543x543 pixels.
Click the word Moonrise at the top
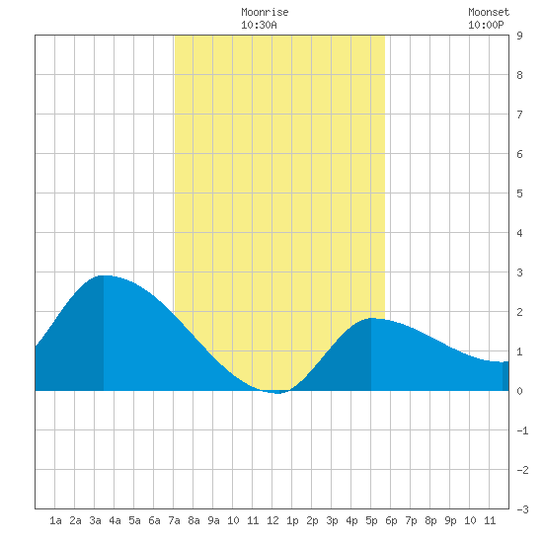(x=265, y=12)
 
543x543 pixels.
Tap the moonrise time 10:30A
(x=259, y=25)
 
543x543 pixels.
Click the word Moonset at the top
(x=489, y=12)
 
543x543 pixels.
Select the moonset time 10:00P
(x=486, y=25)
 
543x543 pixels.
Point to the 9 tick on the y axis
(x=519, y=36)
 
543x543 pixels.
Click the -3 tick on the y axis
(x=522, y=509)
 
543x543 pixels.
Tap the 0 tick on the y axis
(x=519, y=391)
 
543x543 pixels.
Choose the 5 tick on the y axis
(x=519, y=194)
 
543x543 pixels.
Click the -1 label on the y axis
(x=522, y=430)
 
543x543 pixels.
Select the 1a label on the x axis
(x=55, y=520)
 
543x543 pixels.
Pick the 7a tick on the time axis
(x=174, y=520)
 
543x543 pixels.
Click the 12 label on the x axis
(x=272, y=520)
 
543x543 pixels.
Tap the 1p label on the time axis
(x=292, y=520)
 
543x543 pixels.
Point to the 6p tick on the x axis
(x=391, y=520)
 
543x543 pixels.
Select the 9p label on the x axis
(x=450, y=520)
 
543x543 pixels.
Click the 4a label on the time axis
(x=115, y=520)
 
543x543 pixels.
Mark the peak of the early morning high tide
(x=104, y=276)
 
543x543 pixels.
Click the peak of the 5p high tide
(x=371, y=318)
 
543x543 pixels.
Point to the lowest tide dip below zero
(x=278, y=393)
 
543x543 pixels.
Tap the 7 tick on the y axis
(x=519, y=115)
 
